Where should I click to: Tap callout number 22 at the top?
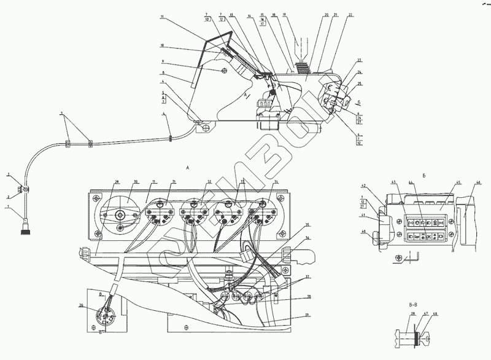click(349, 14)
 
